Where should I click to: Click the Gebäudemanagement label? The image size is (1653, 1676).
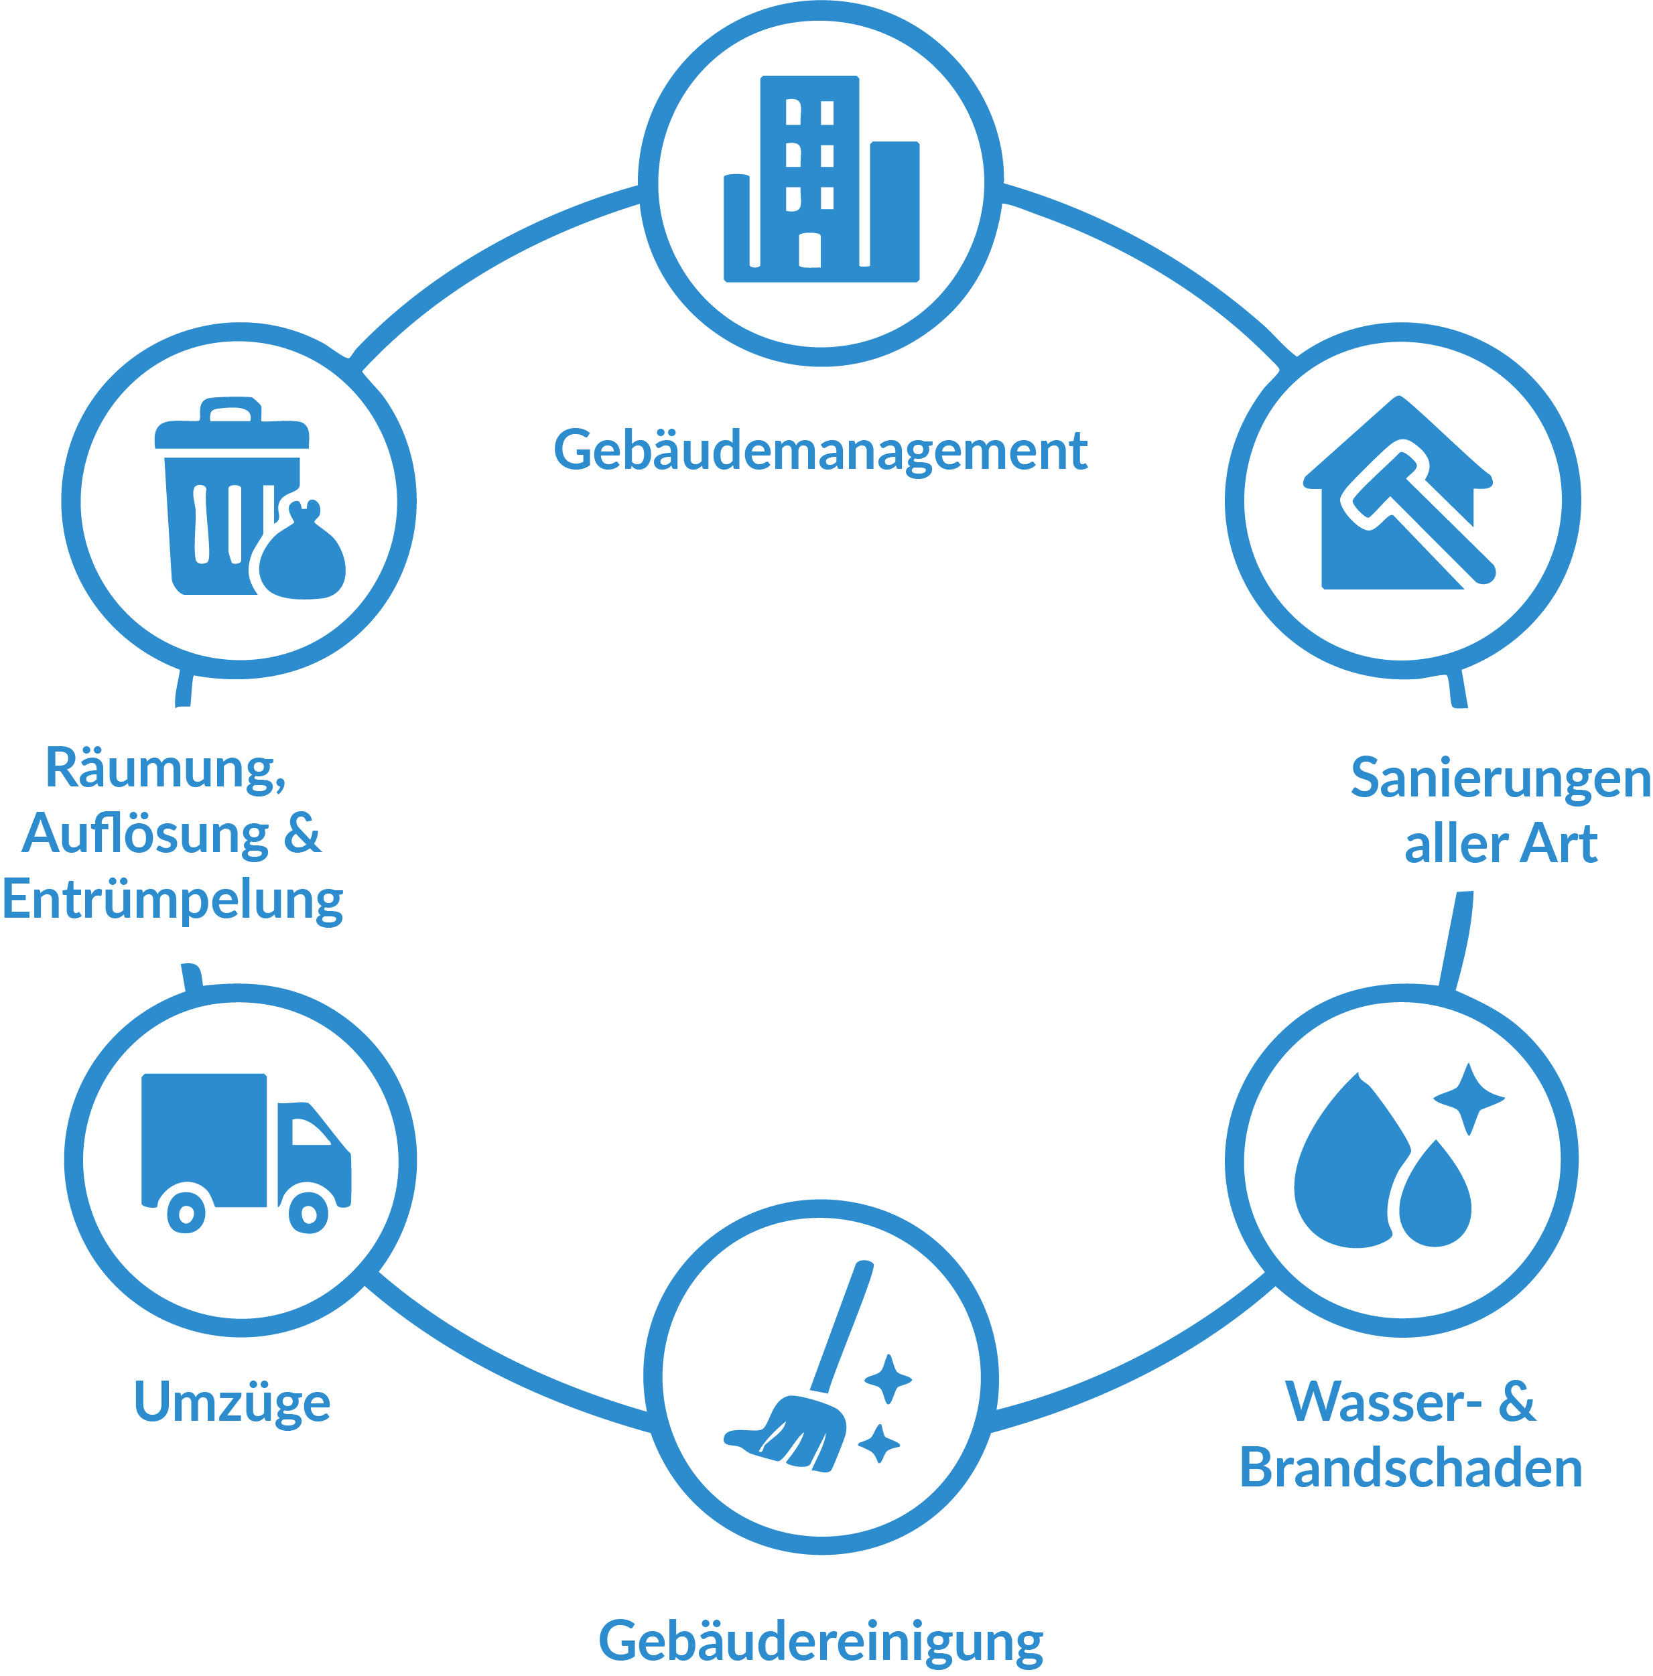(x=820, y=450)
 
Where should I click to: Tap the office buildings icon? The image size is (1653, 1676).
(x=820, y=180)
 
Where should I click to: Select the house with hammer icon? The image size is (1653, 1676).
(x=1399, y=495)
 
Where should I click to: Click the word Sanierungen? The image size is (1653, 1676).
(x=1500, y=778)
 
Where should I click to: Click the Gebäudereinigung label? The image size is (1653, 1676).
(x=820, y=1640)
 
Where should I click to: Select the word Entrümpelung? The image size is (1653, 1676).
(x=172, y=900)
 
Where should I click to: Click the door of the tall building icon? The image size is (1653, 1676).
(x=809, y=250)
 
